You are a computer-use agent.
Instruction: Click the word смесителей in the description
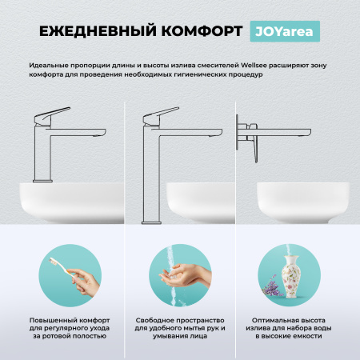[x=216, y=62]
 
